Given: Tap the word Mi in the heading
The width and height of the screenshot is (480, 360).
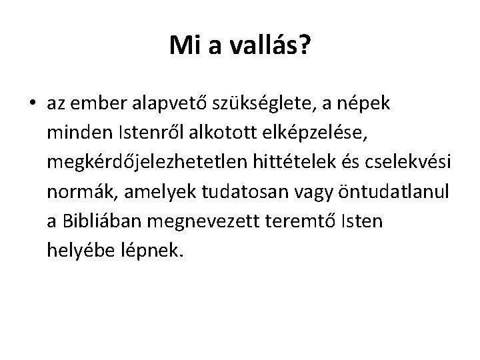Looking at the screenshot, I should tap(183, 45).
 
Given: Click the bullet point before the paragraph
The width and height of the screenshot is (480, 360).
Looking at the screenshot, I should tap(32, 105).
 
